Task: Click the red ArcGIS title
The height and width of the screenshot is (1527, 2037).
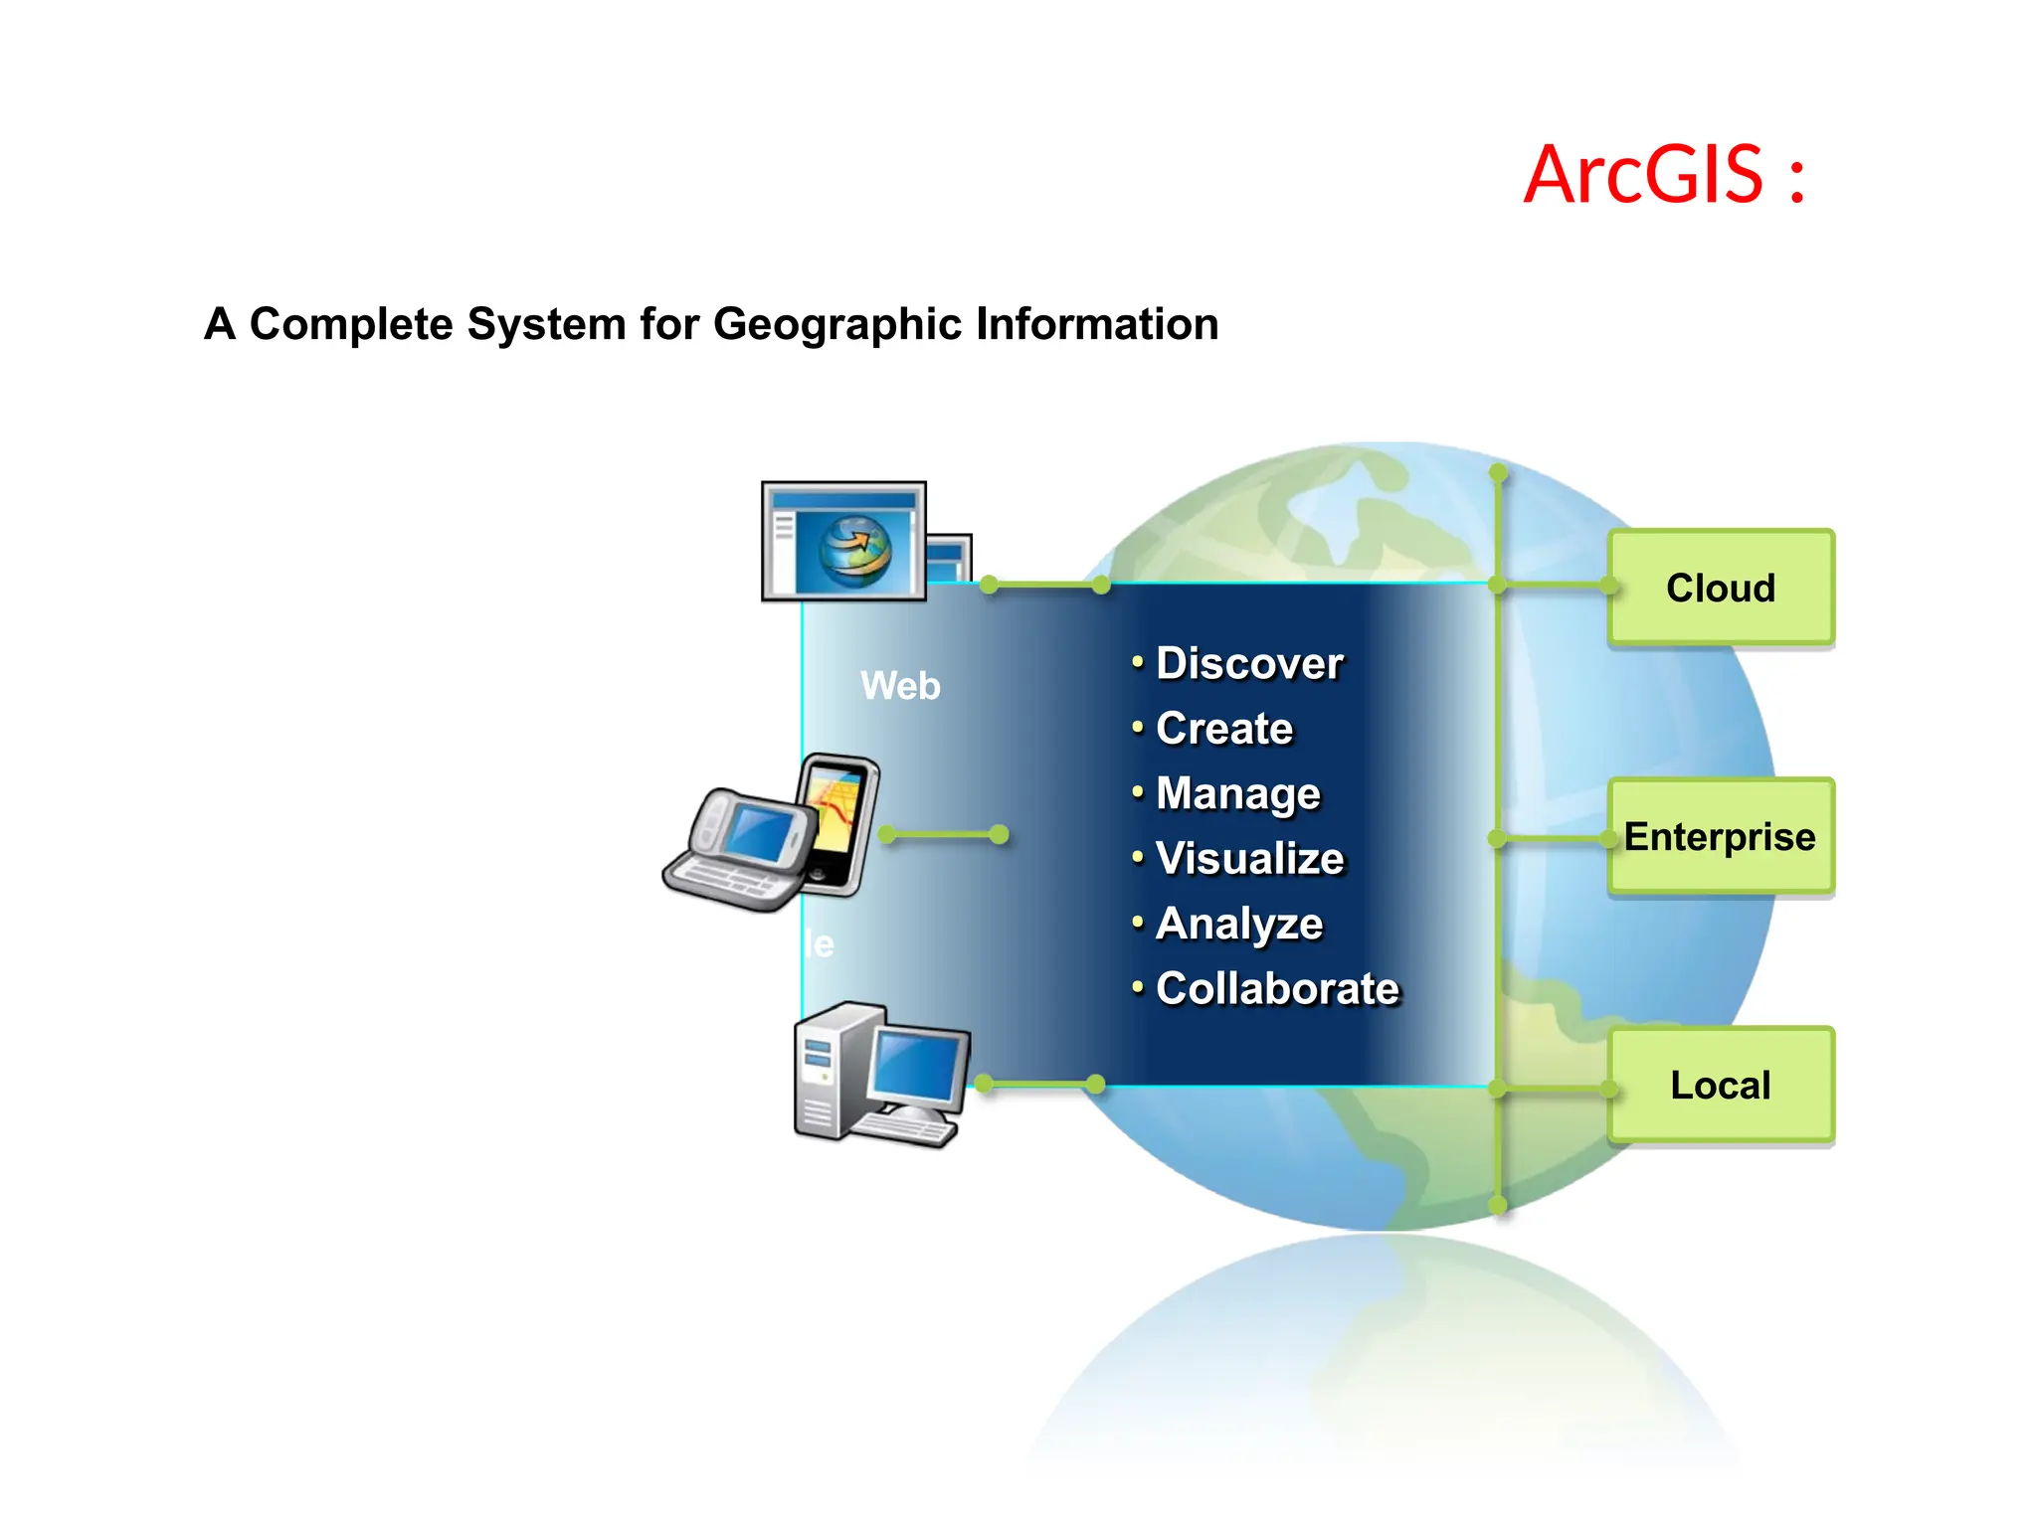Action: (1664, 175)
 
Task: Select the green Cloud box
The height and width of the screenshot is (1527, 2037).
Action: (1721, 588)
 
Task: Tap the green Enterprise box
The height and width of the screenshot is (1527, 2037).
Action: (1721, 837)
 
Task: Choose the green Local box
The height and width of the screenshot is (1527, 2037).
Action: (1721, 1085)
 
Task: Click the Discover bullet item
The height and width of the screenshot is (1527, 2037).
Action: (1248, 663)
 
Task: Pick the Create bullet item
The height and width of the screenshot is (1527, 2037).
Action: (1223, 729)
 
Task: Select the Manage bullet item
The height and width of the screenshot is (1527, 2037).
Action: (1237, 793)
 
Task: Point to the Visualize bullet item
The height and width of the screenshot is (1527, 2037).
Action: (1249, 858)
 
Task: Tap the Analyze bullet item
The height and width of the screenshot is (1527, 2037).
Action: (1238, 924)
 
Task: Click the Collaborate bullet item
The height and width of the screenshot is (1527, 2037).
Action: (1277, 988)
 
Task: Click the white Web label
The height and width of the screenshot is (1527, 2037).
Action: (900, 686)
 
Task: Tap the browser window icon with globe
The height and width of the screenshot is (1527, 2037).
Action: (843, 542)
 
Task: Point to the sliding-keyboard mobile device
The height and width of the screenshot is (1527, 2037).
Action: (741, 850)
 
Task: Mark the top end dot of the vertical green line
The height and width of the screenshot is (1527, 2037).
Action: (1499, 471)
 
